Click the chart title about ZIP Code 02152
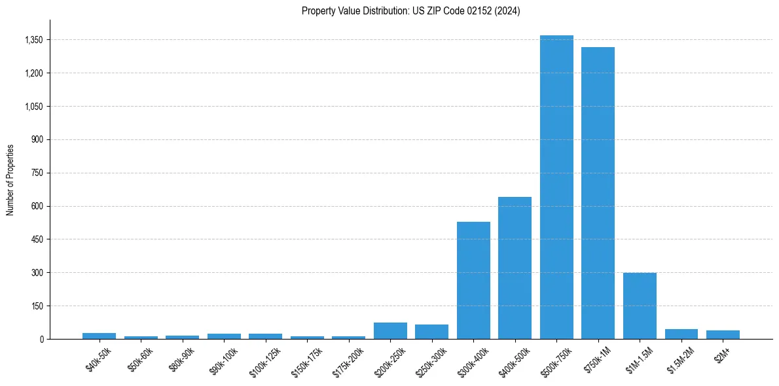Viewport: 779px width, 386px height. [x=410, y=11]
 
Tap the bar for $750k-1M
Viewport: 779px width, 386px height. [x=598, y=193]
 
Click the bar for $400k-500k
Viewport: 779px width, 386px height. [x=515, y=268]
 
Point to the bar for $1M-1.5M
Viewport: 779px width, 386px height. [x=640, y=306]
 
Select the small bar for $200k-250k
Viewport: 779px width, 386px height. [x=390, y=331]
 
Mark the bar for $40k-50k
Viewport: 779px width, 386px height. [x=99, y=336]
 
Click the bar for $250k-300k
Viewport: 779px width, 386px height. [x=431, y=332]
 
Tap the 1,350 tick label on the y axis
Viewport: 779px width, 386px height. [x=33, y=40]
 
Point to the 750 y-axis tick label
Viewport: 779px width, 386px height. [x=37, y=173]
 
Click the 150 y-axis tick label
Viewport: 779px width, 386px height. [x=37, y=306]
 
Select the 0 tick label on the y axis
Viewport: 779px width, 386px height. [x=41, y=340]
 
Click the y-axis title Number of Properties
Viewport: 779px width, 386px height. [x=10, y=179]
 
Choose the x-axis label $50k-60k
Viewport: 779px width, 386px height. [x=139, y=357]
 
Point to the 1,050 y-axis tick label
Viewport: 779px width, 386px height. [x=33, y=107]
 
